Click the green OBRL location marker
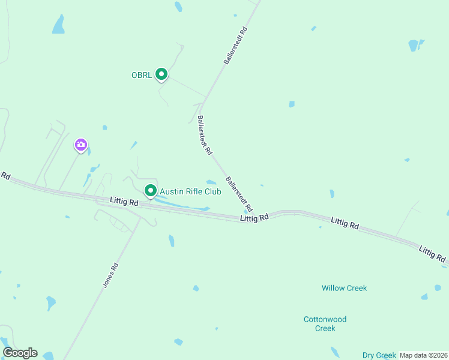(x=161, y=74)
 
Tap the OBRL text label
(x=142, y=75)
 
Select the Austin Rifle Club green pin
(x=151, y=191)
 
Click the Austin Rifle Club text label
(x=190, y=191)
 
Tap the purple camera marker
(x=81, y=145)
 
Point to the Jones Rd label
(x=110, y=276)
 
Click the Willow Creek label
(x=344, y=288)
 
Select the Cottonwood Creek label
(x=325, y=323)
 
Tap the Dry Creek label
(x=379, y=355)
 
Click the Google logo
(x=20, y=353)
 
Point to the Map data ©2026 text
(x=424, y=355)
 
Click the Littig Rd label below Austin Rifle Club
(x=124, y=202)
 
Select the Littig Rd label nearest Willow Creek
(x=345, y=223)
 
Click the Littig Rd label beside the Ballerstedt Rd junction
(x=254, y=218)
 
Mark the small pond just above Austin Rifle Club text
(x=211, y=182)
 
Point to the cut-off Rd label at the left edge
(x=5, y=176)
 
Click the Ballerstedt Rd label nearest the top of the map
(x=235, y=45)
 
